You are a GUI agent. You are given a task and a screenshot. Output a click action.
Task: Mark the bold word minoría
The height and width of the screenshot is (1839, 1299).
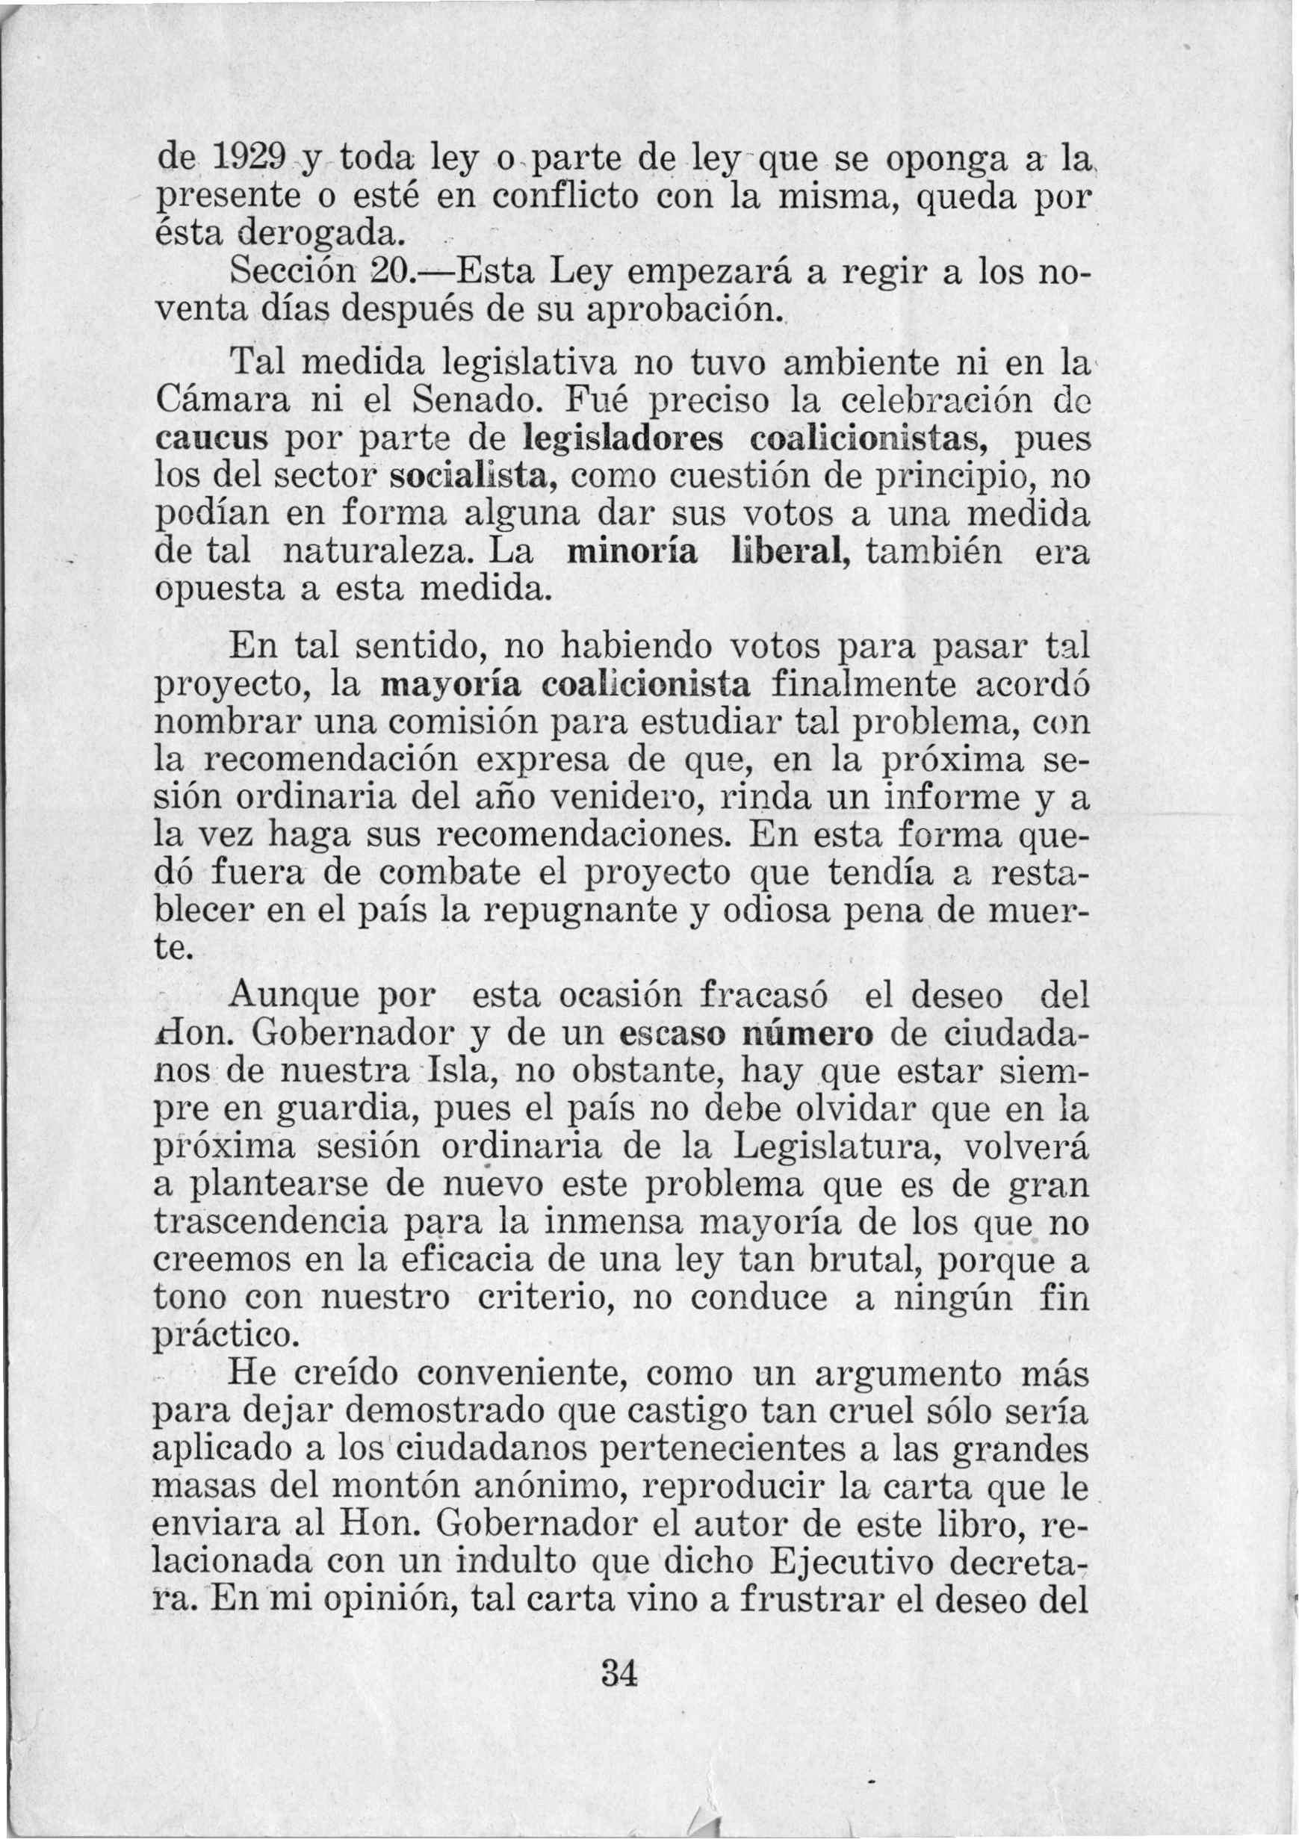632,553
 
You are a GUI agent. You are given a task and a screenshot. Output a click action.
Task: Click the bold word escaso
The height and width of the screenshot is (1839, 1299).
671,1034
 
